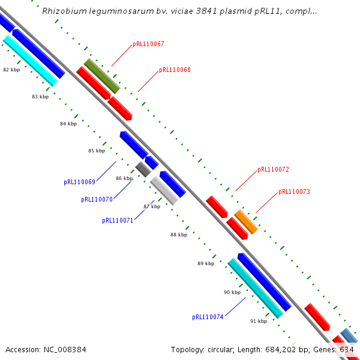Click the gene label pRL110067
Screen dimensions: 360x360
(x=148, y=44)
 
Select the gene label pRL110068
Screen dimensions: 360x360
(x=175, y=70)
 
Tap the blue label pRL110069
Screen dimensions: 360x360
(x=79, y=182)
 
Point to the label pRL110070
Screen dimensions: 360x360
(x=97, y=200)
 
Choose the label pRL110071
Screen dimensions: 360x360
(x=118, y=221)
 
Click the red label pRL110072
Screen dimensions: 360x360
(x=273, y=170)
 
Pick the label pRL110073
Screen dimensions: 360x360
(x=294, y=192)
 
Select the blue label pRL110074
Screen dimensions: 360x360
(x=208, y=317)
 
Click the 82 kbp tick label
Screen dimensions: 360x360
(x=11, y=70)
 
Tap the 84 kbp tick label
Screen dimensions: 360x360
(x=68, y=124)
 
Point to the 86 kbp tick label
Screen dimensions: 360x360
(x=124, y=178)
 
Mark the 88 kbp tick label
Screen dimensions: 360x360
(x=179, y=235)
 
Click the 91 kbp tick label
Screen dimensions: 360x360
(x=259, y=322)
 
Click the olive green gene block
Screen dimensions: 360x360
(x=102, y=76)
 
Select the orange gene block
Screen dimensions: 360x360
(x=246, y=222)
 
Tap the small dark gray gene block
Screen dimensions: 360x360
(x=143, y=169)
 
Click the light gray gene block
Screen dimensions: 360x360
(x=164, y=190)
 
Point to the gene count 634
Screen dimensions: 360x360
(x=346, y=349)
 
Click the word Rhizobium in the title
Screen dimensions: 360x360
(x=62, y=11)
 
